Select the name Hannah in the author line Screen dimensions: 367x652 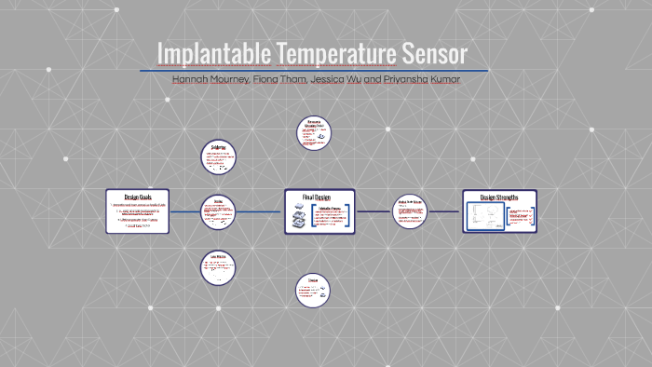coord(191,79)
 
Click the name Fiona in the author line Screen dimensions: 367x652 coord(265,79)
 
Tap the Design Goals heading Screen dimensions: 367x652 coord(137,197)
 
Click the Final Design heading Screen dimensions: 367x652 coord(317,197)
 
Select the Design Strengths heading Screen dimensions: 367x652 coord(499,197)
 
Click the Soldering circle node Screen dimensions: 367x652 coord(218,156)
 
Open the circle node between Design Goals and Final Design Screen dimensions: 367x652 coord(218,211)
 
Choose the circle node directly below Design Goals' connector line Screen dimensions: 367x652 coord(218,268)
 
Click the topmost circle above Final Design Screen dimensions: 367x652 coord(314,133)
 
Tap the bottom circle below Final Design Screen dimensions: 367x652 coord(313,290)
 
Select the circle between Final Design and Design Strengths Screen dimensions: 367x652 coord(409,211)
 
